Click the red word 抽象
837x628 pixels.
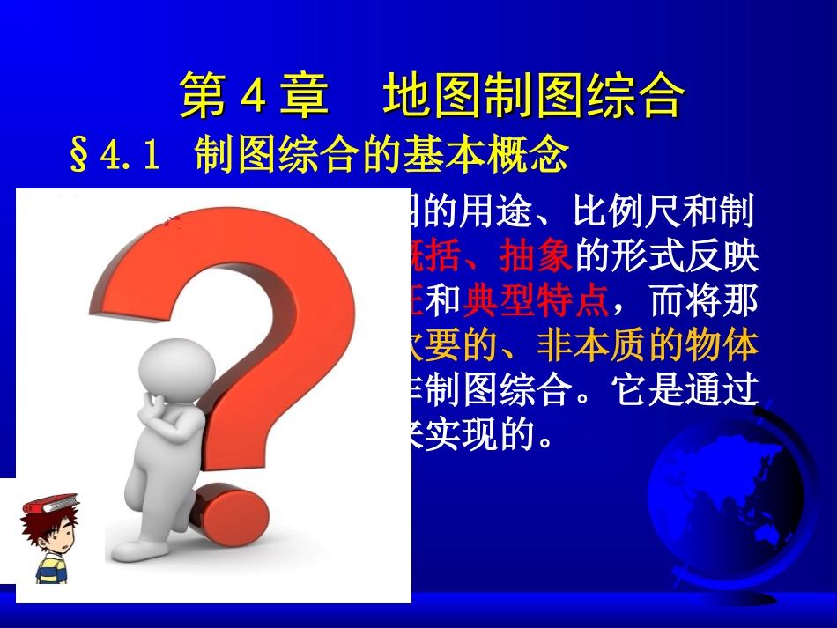point(537,256)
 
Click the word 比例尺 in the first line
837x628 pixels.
point(629,211)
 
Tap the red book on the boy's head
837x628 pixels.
point(50,504)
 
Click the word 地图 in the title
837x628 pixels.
point(419,96)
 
